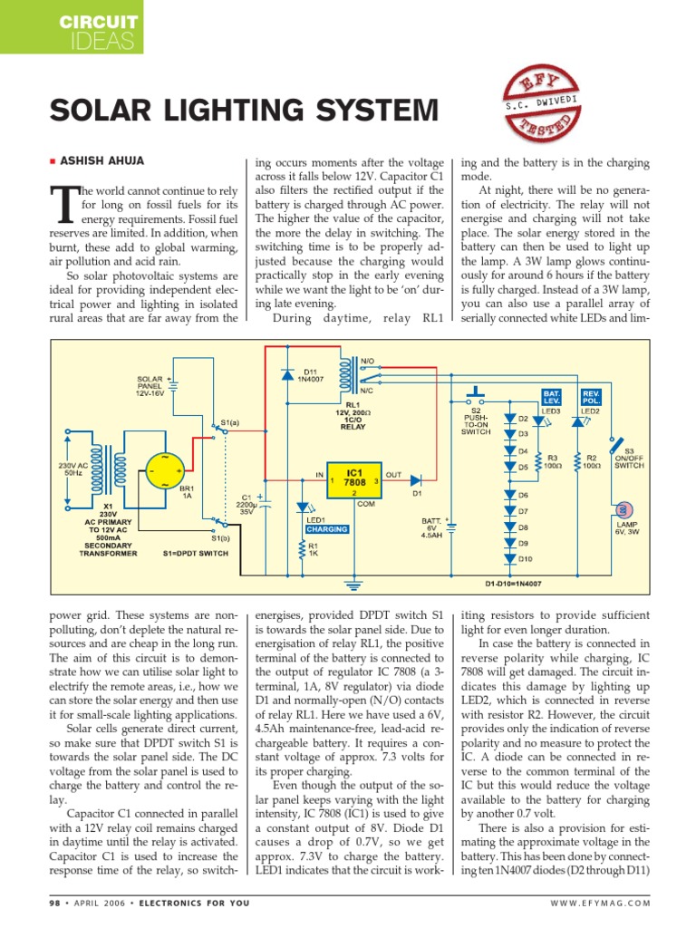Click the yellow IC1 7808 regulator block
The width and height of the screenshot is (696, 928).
(x=354, y=479)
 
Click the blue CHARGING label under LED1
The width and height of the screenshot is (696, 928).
(x=326, y=528)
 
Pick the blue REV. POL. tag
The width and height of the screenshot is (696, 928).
(x=591, y=397)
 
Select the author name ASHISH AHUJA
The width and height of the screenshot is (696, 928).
(x=101, y=161)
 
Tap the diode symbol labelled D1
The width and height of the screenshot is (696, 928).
(x=417, y=478)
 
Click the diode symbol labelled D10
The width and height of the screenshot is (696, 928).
(x=509, y=559)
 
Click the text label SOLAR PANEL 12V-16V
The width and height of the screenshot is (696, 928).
(x=152, y=385)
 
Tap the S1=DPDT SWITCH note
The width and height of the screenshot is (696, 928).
(x=196, y=553)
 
